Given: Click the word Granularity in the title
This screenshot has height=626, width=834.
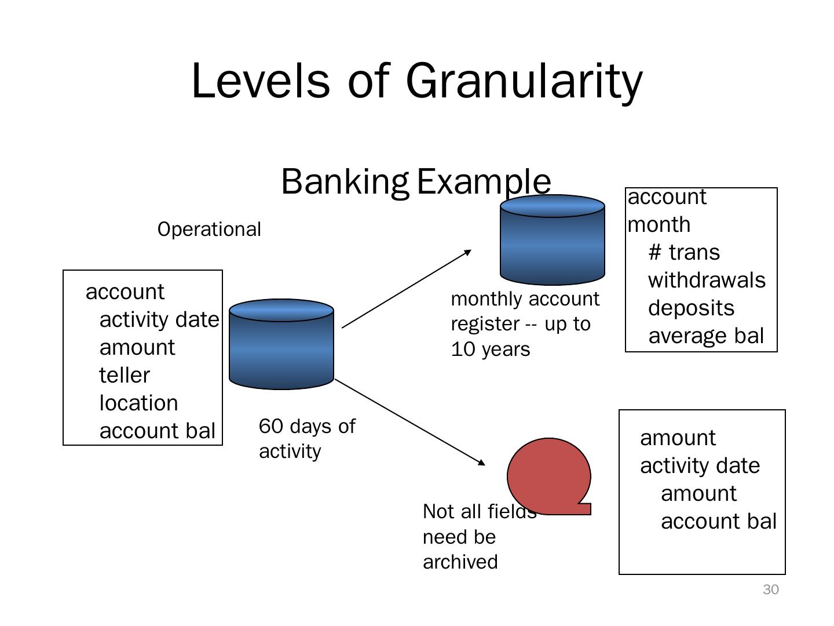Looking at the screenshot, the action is coord(524,81).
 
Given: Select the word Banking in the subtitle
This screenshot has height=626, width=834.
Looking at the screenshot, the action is coord(345,181).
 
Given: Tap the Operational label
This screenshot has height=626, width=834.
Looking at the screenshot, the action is coord(209,230).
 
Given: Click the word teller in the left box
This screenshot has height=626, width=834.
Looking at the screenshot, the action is coord(125,376).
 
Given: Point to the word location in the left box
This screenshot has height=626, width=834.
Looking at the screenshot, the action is coord(138,403).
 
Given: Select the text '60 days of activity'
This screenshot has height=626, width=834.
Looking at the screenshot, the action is coord(307,439).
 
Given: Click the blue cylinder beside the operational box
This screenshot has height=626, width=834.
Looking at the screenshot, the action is coord(281,344).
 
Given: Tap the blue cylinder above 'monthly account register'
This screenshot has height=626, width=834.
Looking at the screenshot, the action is coord(552,240).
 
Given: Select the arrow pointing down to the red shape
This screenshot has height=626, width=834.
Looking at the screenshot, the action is coord(410,422).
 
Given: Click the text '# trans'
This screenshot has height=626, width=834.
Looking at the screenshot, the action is coord(684,253).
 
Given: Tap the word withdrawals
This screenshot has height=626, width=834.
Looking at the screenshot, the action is coord(707,281).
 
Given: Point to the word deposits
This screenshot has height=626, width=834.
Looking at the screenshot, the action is coord(691,308).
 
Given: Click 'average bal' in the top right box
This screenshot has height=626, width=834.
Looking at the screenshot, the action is coord(706,336).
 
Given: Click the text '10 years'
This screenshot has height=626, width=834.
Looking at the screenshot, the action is coord(490,350).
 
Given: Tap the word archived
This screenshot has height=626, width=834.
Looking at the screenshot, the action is coord(460,562).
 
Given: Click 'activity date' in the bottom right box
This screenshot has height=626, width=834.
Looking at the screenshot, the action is coord(700,466).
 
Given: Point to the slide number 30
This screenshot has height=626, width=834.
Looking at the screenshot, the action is coord(770,590).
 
